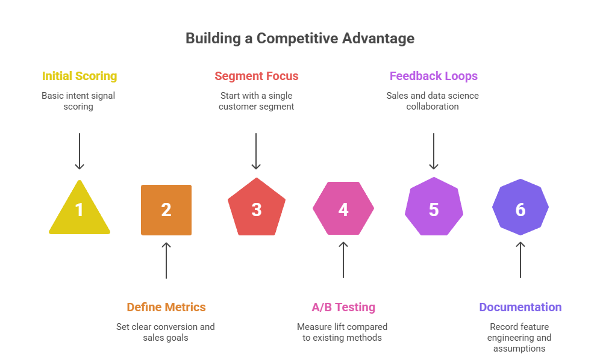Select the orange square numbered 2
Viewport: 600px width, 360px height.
click(166, 209)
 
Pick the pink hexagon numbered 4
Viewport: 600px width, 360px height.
click(343, 209)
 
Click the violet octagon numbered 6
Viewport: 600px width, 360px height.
click(520, 209)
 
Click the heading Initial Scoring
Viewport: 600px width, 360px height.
click(80, 76)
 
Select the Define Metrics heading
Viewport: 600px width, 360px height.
click(166, 307)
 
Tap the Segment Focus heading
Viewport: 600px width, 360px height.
click(257, 76)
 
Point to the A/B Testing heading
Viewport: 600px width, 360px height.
click(343, 307)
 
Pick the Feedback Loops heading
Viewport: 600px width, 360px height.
click(434, 76)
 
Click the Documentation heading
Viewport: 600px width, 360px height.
click(520, 307)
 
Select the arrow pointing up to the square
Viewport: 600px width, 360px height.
click(166, 260)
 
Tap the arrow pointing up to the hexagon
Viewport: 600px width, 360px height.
click(343, 260)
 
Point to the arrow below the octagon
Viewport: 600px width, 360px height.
click(520, 260)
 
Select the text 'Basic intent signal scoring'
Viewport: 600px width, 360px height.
click(78, 101)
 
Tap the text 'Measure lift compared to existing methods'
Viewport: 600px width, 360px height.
click(342, 332)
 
